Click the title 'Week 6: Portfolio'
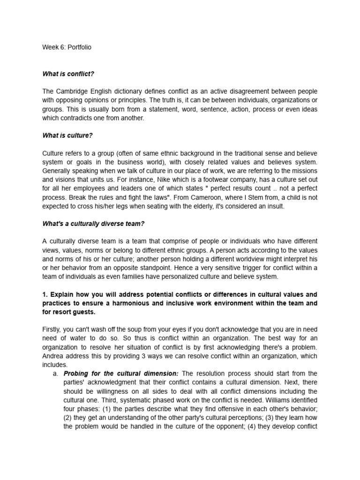tap(67, 47)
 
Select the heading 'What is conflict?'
tap(68, 74)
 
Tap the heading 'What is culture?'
tap(67, 135)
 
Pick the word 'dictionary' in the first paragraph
tap(130, 91)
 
